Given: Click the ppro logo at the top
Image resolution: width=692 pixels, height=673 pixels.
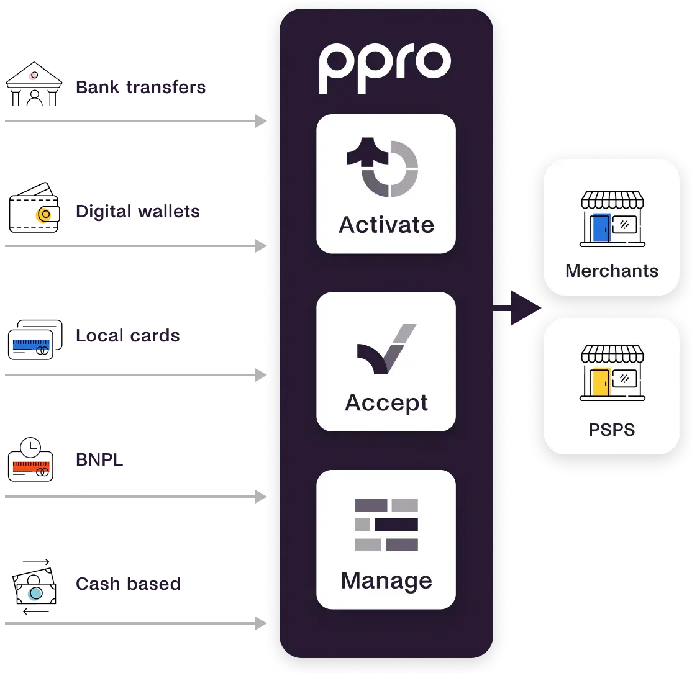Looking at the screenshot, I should [x=385, y=67].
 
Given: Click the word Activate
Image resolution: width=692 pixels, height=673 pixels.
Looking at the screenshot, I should [x=386, y=224].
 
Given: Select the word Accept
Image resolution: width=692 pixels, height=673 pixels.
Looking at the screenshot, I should [x=386, y=402].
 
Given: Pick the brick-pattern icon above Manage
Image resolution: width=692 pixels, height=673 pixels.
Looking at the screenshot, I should [x=386, y=525].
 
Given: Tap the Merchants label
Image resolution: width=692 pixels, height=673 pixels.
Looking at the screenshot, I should [x=611, y=271].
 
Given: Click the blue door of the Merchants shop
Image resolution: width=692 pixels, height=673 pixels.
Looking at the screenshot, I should [x=601, y=227].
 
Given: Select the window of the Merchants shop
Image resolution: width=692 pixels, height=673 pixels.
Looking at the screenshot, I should [x=624, y=223].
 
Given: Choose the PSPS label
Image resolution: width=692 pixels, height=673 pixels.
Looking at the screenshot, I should [x=611, y=430].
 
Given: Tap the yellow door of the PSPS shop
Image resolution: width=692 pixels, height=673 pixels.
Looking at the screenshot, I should [x=601, y=383].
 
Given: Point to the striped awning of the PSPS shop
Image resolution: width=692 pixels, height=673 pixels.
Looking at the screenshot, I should [x=612, y=355].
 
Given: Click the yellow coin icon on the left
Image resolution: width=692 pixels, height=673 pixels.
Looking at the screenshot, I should [x=45, y=215].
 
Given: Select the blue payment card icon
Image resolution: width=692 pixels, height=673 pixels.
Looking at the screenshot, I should [x=30, y=345].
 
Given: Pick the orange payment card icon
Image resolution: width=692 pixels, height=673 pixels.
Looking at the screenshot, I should [x=30, y=466].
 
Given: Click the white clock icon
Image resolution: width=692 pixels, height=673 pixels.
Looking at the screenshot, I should [x=30, y=446].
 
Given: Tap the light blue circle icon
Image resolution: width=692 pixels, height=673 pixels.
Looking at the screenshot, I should [x=35, y=594].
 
